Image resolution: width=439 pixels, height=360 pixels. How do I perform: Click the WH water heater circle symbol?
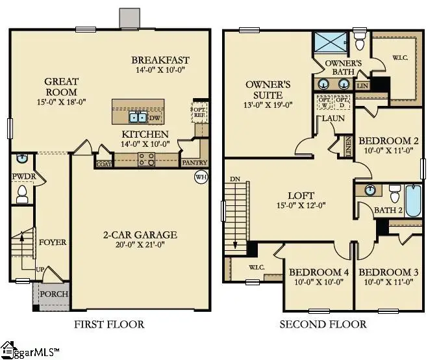pos(201,176)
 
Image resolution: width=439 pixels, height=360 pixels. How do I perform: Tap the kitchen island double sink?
pos(138,118)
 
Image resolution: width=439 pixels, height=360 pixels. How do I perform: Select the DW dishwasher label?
pos(154,118)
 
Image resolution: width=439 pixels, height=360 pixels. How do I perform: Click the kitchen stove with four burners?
pos(146,159)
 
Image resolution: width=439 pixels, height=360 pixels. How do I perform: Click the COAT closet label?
pos(103,164)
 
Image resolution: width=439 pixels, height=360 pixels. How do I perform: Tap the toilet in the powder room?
pos(21,192)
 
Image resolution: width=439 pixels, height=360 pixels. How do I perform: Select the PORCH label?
pos(54,294)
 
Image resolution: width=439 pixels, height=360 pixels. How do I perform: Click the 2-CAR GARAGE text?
pos(140,235)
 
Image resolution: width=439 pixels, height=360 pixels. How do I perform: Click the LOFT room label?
pos(301,195)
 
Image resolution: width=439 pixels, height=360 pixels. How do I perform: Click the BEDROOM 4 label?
pos(319,272)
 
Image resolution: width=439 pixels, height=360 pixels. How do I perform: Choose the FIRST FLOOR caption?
pos(109,324)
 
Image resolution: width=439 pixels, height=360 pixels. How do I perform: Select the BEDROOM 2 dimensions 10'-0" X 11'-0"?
pos(389,151)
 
